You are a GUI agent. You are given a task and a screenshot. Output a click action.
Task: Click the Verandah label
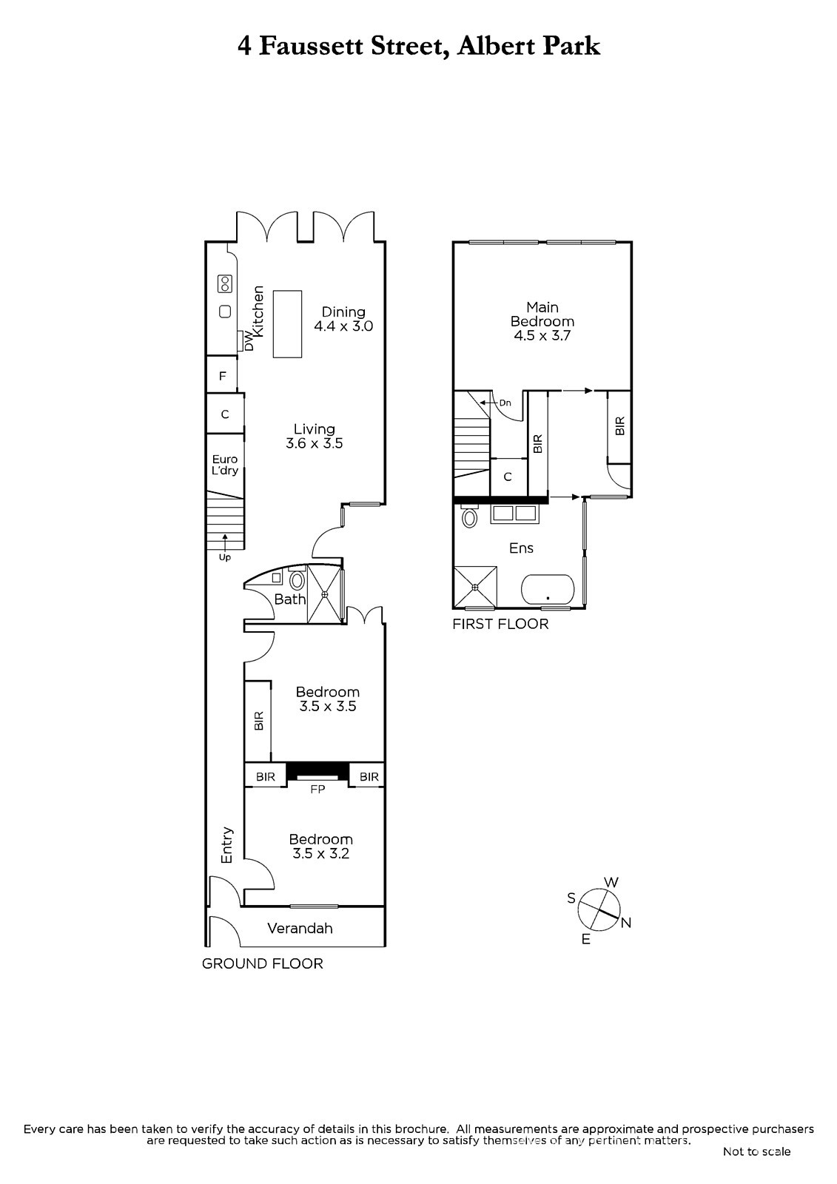point(300,928)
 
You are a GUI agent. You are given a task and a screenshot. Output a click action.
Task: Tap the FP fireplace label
point(317,789)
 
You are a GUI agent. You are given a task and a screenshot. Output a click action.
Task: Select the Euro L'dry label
point(225,465)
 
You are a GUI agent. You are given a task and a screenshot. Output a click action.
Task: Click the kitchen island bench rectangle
point(287,324)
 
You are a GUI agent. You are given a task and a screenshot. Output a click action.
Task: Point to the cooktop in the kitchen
point(225,284)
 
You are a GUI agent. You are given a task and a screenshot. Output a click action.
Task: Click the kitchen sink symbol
point(225,312)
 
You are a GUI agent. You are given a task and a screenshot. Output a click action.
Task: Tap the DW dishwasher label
point(249,340)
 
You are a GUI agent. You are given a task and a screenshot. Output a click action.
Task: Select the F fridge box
point(221,374)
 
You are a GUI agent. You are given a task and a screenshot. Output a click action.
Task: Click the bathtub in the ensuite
point(548,590)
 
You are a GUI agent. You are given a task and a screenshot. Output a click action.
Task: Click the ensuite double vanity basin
point(515,514)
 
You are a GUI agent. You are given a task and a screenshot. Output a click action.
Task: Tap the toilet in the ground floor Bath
point(298,580)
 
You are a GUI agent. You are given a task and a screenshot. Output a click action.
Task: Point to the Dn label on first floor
point(505,403)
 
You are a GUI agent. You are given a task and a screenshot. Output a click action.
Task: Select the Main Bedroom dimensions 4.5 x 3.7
point(542,336)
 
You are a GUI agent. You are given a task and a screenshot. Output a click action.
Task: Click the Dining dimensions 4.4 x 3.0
point(343,326)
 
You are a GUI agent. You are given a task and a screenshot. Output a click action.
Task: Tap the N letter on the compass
point(626,923)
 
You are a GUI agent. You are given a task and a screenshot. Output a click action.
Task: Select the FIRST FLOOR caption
point(500,625)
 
